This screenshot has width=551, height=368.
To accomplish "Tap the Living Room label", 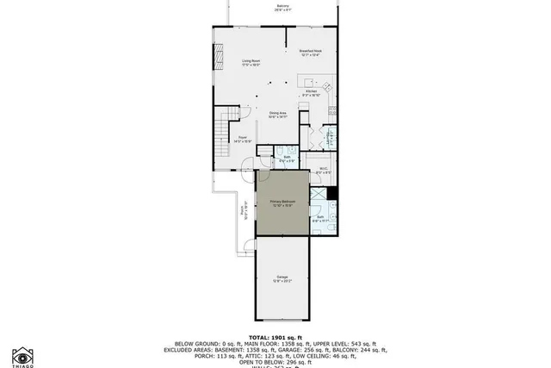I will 250,62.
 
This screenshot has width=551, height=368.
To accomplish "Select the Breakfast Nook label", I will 310,53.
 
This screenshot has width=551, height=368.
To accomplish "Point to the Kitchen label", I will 311,91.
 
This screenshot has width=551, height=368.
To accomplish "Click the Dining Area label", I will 277,115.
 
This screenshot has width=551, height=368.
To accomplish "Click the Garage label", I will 282,278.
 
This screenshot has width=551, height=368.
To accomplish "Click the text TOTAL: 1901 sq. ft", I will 276,336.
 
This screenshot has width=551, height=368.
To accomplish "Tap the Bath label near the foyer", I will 287,159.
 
